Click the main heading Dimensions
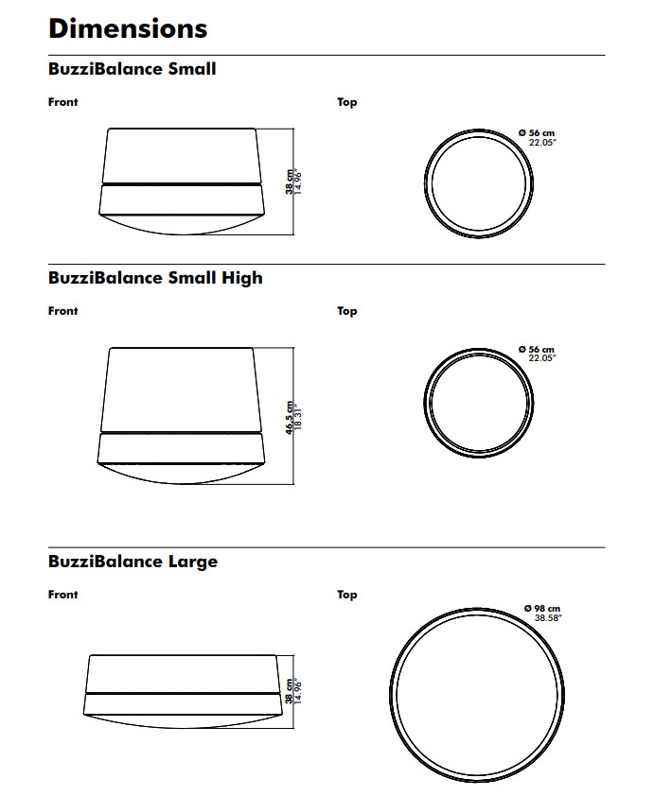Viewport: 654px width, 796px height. point(128,28)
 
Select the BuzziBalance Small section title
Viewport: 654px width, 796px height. point(133,68)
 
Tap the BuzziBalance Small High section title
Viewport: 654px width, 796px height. point(155,278)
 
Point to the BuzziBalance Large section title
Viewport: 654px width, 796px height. point(133,562)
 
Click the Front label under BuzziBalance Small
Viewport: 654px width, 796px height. point(63,102)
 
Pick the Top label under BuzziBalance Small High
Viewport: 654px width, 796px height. point(347,311)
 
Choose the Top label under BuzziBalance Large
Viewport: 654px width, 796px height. point(347,595)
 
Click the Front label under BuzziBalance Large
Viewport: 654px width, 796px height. point(63,595)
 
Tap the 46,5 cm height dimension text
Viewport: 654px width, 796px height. point(290,418)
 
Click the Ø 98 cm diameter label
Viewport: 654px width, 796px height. point(542,608)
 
